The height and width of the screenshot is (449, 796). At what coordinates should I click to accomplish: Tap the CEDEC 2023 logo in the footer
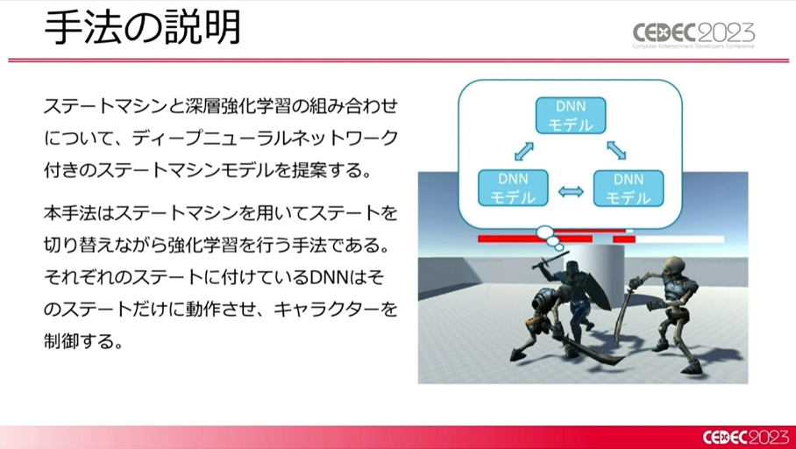tap(745, 438)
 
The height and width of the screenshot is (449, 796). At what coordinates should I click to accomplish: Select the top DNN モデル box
tap(571, 115)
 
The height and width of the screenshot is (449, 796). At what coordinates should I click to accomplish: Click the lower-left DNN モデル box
tap(513, 188)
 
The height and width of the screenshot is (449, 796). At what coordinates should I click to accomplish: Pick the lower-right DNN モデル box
tap(628, 189)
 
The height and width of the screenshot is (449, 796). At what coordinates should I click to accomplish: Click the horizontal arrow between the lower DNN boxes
tap(571, 191)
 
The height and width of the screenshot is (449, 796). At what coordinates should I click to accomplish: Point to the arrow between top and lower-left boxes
tap(524, 152)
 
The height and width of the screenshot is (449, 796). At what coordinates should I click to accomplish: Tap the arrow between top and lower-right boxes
tap(616, 150)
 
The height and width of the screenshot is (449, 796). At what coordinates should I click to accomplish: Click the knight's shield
tap(598, 290)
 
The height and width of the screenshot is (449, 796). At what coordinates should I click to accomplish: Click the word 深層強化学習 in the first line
tap(234, 107)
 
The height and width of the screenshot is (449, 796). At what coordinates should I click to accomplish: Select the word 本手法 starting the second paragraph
tap(68, 214)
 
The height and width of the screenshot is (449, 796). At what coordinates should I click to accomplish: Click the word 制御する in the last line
tap(82, 341)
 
